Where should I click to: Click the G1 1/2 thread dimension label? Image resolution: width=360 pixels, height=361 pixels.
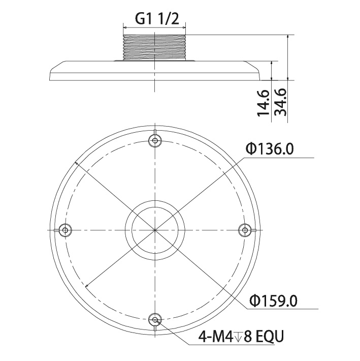pos(156,19)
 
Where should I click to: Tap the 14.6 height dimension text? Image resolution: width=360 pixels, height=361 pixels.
pos(263,102)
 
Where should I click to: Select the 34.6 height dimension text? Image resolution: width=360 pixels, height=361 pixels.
pos(281,102)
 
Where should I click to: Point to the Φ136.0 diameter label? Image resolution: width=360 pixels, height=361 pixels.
pos(269,149)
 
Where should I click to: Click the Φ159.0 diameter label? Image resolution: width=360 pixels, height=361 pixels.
pos(274,300)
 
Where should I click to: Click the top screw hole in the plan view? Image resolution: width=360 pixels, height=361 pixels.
pos(155,140)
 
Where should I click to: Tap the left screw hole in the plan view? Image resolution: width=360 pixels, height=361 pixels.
pos(66,230)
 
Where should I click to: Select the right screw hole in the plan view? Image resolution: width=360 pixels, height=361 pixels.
pos(245,230)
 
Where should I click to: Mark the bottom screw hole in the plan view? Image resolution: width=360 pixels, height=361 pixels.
pos(155,319)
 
